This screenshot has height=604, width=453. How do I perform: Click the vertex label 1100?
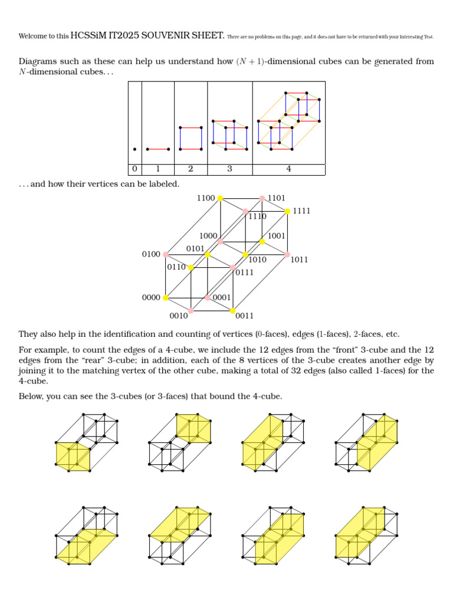[206, 198]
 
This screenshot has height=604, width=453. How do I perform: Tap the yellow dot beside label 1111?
[287, 211]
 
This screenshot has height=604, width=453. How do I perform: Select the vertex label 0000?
[151, 298]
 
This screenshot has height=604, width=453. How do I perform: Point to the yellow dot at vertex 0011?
[233, 311]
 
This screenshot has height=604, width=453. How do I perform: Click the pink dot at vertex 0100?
[165, 254]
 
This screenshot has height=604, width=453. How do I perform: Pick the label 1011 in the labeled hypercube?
[300, 260]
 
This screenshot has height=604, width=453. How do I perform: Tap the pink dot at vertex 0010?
[191, 311]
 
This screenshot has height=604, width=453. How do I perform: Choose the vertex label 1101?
[277, 198]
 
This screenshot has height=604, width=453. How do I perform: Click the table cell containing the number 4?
[288, 169]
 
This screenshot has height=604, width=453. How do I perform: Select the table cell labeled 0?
[134, 169]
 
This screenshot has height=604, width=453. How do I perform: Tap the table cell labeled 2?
[191, 169]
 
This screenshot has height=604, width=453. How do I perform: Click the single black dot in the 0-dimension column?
[134, 149]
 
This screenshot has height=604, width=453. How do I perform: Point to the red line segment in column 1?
[157, 149]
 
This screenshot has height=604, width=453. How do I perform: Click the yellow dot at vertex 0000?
[165, 298]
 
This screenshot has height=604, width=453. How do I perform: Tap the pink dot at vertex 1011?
[287, 254]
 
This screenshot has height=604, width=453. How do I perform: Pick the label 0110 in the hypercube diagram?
[176, 267]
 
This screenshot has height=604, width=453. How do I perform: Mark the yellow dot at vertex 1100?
[220, 198]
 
